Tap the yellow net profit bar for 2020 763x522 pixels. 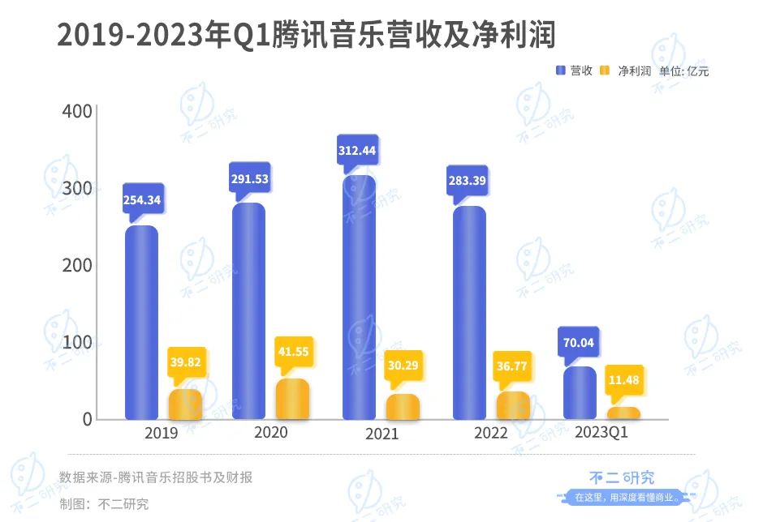pyautogui.click(x=292, y=399)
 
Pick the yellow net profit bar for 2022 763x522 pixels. pyautogui.click(x=513, y=405)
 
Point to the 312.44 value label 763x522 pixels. pyautogui.click(x=357, y=150)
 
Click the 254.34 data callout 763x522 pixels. pyautogui.click(x=141, y=199)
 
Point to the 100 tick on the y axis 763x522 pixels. pyautogui.click(x=76, y=341)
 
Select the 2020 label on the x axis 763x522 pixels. pyautogui.click(x=270, y=433)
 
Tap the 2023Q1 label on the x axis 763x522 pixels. pyautogui.click(x=601, y=433)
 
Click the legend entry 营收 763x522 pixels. pyautogui.click(x=574, y=71)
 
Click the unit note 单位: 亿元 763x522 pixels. pyautogui.click(x=683, y=71)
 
